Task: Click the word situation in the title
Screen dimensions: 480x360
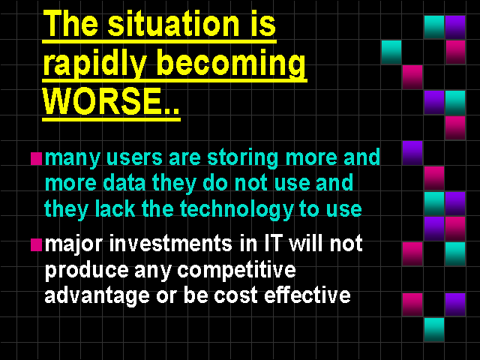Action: click(172, 24)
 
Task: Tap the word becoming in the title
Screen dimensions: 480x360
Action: click(231, 64)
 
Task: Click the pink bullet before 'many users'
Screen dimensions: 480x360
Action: click(36, 158)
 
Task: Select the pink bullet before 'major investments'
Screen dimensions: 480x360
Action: click(36, 245)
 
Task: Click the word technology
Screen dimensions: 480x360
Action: click(237, 210)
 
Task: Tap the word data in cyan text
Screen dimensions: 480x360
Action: click(124, 183)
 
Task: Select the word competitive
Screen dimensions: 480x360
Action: click(236, 270)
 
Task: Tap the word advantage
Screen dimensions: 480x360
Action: click(97, 296)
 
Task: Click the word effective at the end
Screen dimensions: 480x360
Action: click(307, 295)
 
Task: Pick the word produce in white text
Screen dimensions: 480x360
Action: click(87, 270)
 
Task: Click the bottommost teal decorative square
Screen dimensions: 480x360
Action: click(434, 330)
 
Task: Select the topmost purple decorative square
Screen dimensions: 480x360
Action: click(455, 27)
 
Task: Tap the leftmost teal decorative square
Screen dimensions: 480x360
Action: click(391, 52)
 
